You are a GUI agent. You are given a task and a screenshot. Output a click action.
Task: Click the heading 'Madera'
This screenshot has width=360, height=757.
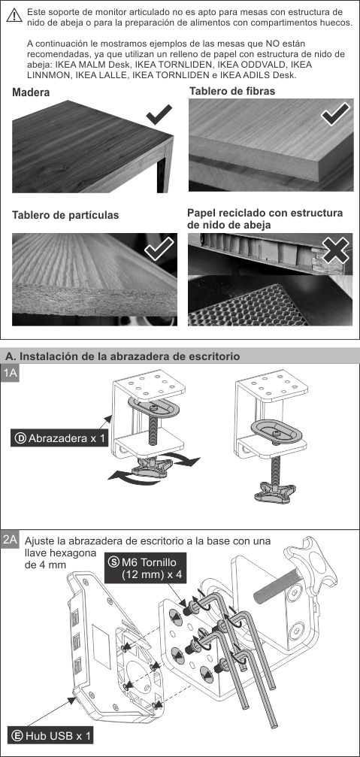click(x=31, y=92)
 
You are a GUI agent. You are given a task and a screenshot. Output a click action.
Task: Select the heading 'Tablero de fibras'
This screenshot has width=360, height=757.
click(x=232, y=90)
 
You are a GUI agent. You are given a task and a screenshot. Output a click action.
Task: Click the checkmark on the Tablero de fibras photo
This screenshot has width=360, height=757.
click(x=334, y=114)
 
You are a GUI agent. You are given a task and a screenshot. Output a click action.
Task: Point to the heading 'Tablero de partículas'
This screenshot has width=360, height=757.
click(x=65, y=215)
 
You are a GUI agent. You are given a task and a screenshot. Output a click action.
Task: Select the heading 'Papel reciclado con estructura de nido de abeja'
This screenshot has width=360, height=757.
click(x=265, y=219)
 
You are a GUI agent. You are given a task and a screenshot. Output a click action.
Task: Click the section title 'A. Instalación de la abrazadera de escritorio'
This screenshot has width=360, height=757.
click(x=123, y=356)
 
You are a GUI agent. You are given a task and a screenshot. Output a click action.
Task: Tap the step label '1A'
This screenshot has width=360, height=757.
click(x=11, y=374)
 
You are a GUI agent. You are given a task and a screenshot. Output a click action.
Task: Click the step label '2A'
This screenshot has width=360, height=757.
click(x=11, y=539)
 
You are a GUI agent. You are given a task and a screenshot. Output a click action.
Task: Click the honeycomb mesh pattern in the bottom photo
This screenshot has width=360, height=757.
click(x=248, y=304)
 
